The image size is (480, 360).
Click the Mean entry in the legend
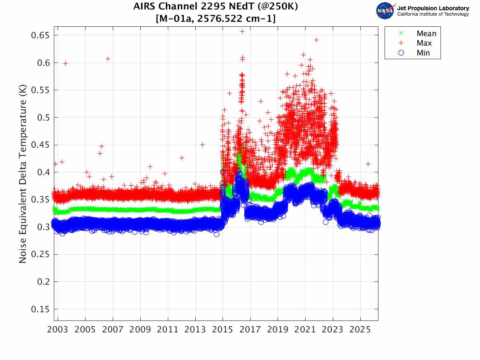click(x=426, y=34)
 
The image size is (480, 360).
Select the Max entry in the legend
click(x=424, y=43)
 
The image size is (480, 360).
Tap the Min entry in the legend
click(x=423, y=53)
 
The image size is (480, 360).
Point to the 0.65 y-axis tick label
click(x=40, y=35)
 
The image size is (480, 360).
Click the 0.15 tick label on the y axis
click(x=40, y=309)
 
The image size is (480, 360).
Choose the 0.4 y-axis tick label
click(x=42, y=172)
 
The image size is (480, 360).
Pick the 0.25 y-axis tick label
click(x=40, y=254)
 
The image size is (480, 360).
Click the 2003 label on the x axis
click(x=58, y=330)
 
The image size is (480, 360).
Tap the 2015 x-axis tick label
click(x=223, y=330)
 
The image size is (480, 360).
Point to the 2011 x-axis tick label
click(x=168, y=330)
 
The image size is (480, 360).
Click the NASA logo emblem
click(x=385, y=11)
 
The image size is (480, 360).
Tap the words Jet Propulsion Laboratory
click(x=433, y=8)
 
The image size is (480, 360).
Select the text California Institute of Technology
click(x=433, y=14)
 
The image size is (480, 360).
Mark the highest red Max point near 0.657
click(x=242, y=31)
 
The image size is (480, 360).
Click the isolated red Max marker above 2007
click(x=108, y=59)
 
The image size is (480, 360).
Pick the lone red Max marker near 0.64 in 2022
click(x=316, y=40)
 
